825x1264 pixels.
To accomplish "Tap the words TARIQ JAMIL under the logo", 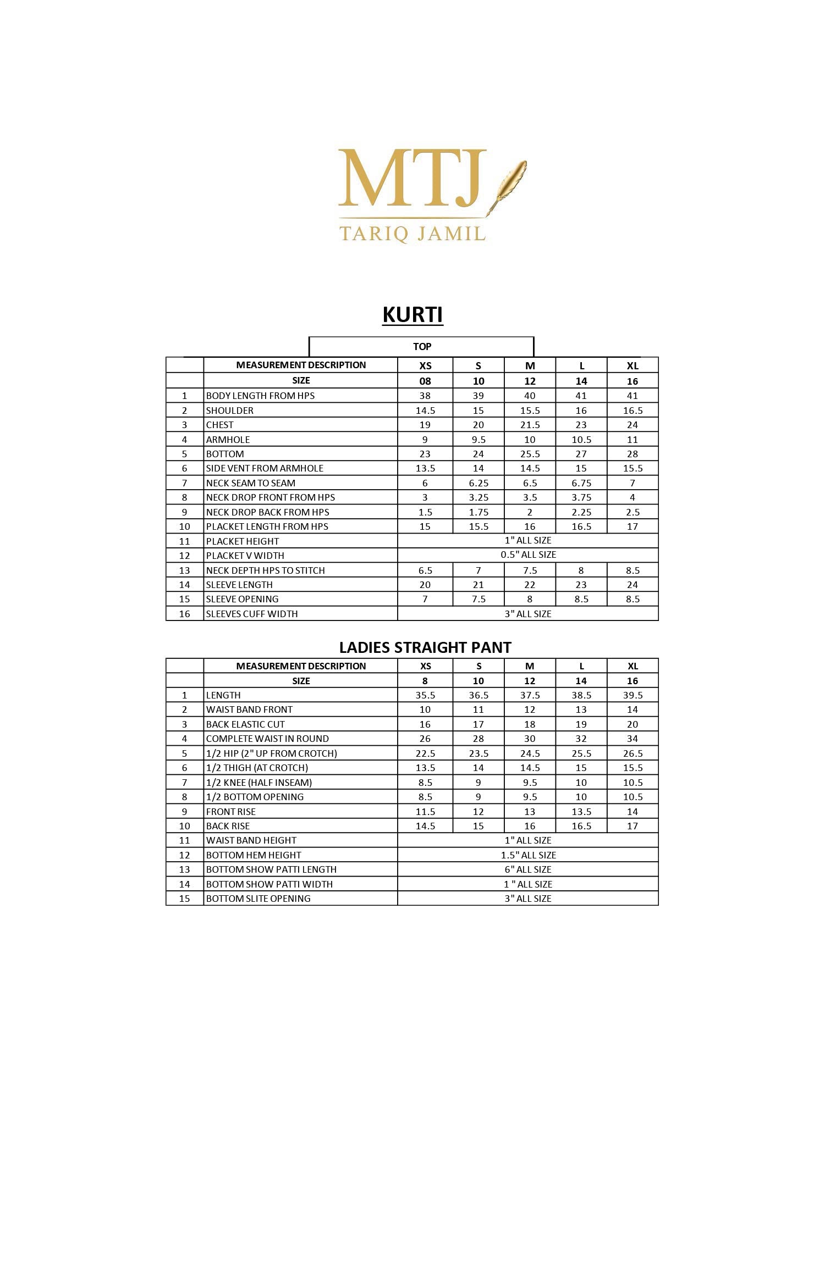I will click(413, 234).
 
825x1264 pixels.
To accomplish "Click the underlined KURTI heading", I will click(413, 315).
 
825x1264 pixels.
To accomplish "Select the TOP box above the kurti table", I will click(422, 347).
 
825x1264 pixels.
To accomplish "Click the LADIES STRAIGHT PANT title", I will click(425, 647).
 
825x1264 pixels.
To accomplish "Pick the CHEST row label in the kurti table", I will click(219, 425).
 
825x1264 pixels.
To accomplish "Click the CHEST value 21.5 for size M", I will click(530, 425).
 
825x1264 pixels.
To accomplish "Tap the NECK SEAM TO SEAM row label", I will click(250, 483).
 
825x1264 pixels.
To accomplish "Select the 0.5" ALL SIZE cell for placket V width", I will click(528, 555).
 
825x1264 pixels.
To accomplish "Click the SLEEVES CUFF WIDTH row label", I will click(251, 614).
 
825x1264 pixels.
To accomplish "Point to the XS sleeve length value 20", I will click(425, 585).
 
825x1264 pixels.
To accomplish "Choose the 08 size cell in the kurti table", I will click(425, 381).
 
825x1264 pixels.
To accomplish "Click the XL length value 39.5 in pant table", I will click(632, 695).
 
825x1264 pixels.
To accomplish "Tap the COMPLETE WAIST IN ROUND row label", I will click(267, 739).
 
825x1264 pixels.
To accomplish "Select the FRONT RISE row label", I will click(230, 812).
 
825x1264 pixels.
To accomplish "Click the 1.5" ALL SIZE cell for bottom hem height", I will click(528, 855).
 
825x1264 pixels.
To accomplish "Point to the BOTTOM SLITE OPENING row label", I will click(258, 899).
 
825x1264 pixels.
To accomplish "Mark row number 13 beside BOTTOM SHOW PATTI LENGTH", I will click(184, 869).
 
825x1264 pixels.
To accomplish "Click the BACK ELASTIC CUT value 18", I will click(530, 724).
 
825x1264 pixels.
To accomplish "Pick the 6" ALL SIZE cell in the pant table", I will click(528, 869).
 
